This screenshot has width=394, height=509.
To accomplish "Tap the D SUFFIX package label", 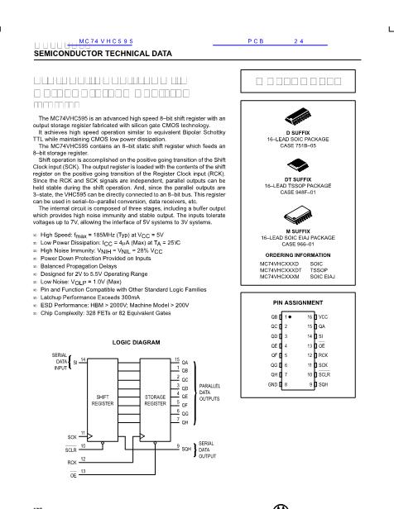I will tap(299, 132).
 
